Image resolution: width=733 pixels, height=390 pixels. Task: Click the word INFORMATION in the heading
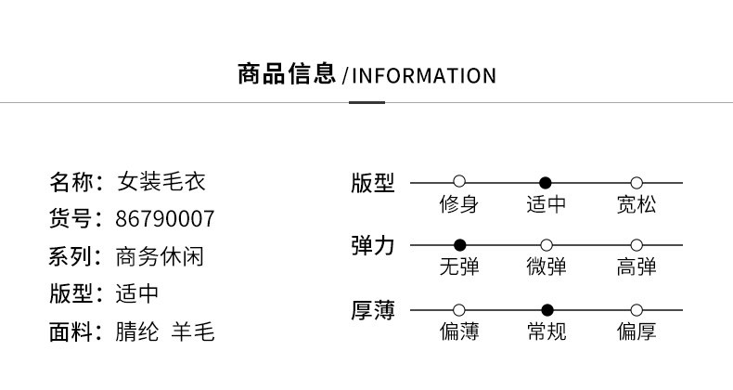pos(423,76)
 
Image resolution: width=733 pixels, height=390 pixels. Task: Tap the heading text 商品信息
pos(287,74)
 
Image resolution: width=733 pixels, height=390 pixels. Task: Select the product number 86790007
pos(165,219)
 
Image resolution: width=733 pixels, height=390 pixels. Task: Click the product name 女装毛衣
pos(161,181)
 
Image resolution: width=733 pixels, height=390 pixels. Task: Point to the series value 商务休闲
pos(160,256)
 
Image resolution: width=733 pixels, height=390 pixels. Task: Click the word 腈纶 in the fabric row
pos(137,331)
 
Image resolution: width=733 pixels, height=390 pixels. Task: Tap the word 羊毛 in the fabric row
pos(193,331)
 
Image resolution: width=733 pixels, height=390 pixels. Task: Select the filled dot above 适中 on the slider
pos(545,183)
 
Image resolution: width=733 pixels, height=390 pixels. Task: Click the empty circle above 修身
pos(459,181)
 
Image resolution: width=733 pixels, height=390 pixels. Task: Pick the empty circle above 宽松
pos(637,183)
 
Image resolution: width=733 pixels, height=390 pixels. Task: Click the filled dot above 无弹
pos(460,244)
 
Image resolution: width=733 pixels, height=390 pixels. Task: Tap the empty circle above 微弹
pos(546,245)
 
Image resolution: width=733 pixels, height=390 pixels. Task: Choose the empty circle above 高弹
pos(637,245)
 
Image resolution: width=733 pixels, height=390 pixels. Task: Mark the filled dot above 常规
pos(547,309)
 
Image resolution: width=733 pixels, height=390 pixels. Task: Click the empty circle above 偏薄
pos(459,310)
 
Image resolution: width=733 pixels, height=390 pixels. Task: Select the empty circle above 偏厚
pos(637,310)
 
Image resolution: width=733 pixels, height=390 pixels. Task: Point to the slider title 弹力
pos(373,245)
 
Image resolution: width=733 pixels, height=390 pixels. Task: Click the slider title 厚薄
pos(373,310)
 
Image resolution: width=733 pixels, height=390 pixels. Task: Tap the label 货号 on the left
pos(71,219)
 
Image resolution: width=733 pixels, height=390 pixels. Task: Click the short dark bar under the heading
pos(367,102)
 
